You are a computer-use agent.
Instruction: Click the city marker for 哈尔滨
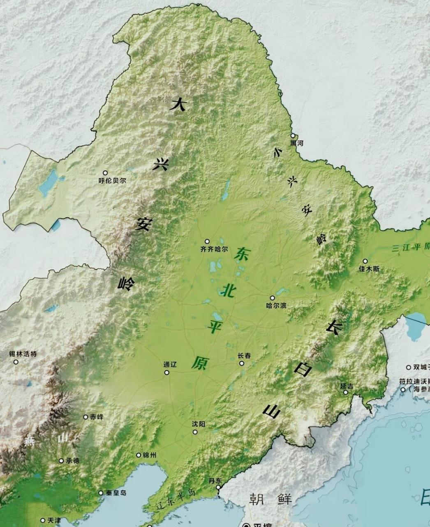(272, 298)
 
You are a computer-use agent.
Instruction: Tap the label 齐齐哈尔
(214, 249)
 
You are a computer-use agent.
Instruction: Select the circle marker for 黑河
(293, 135)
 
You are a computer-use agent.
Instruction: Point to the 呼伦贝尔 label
(113, 180)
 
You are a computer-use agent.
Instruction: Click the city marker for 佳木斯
(365, 261)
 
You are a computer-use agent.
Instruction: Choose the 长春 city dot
(242, 363)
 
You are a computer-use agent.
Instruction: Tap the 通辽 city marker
(166, 373)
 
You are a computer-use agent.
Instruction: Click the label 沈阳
(198, 424)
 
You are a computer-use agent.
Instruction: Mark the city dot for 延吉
(346, 392)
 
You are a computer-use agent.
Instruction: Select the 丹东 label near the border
(215, 480)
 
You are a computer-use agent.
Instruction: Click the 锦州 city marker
(139, 455)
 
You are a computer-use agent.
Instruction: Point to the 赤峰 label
(97, 417)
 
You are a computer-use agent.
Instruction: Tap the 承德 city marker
(61, 461)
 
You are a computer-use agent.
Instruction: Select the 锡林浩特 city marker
(16, 362)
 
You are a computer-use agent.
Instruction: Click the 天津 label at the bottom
(54, 520)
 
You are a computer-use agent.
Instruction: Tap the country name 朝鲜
(270, 499)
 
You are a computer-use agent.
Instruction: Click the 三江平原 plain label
(410, 247)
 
